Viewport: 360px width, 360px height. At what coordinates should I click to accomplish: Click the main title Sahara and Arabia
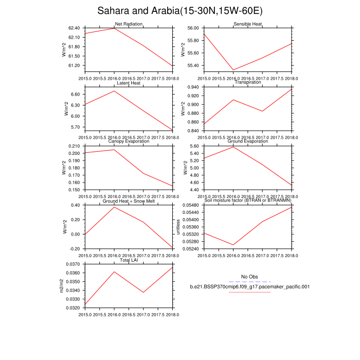[x=179, y=11]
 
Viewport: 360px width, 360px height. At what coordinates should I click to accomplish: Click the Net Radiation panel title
[x=129, y=24]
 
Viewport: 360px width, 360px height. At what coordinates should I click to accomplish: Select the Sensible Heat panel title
[x=248, y=24]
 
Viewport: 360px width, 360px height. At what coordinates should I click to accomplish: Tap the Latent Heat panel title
[x=129, y=83]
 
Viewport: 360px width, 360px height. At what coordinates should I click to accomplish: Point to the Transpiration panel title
[x=248, y=83]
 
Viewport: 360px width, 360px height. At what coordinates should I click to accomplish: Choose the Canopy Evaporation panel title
[x=129, y=141]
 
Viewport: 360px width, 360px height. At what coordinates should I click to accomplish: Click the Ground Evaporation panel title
[x=248, y=141]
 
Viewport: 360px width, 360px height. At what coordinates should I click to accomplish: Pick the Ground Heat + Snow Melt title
[x=129, y=201]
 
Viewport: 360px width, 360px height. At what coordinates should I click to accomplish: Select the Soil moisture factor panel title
[x=248, y=201]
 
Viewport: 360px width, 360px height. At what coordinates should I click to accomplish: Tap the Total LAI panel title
[x=129, y=260]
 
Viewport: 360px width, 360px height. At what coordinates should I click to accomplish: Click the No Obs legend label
[x=249, y=277]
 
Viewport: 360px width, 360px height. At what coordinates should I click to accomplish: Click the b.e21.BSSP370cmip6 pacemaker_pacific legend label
[x=249, y=287]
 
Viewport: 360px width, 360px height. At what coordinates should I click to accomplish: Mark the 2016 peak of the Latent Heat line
[x=114, y=91]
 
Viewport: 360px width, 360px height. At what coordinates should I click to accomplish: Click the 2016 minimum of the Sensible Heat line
[x=233, y=70]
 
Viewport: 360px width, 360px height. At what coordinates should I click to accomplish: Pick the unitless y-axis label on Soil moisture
[x=179, y=227]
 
